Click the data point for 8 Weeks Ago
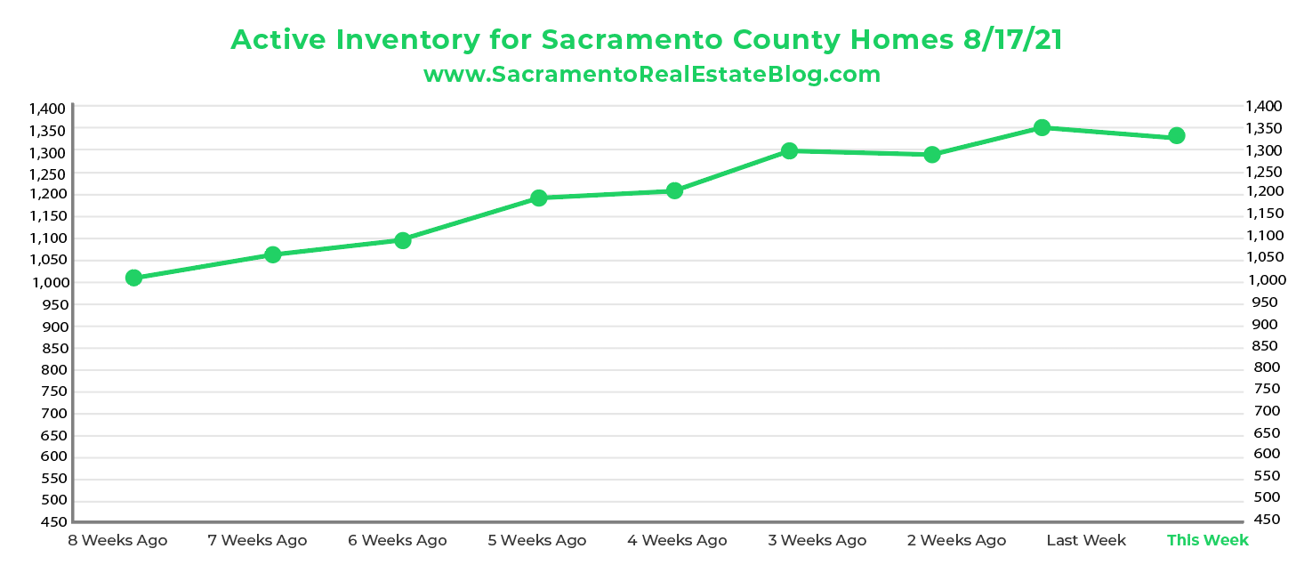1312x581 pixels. tap(134, 278)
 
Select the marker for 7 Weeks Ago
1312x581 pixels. tap(273, 254)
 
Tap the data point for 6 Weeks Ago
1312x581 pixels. tap(402, 240)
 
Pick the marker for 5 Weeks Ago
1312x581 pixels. tap(538, 198)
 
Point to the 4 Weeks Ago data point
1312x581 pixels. tap(674, 190)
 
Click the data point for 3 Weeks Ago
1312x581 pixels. tap(789, 150)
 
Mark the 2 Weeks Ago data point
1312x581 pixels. tap(932, 155)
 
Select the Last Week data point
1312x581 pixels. tap(1042, 127)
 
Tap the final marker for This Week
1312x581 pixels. tap(1176, 135)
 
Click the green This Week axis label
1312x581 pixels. tap(1207, 540)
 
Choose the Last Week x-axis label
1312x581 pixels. tap(1085, 540)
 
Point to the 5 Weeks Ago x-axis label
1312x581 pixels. tap(537, 540)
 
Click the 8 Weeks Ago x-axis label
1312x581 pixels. tap(117, 540)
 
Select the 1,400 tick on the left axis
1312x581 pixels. tap(47, 109)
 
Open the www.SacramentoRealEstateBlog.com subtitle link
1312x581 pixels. tap(652, 75)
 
